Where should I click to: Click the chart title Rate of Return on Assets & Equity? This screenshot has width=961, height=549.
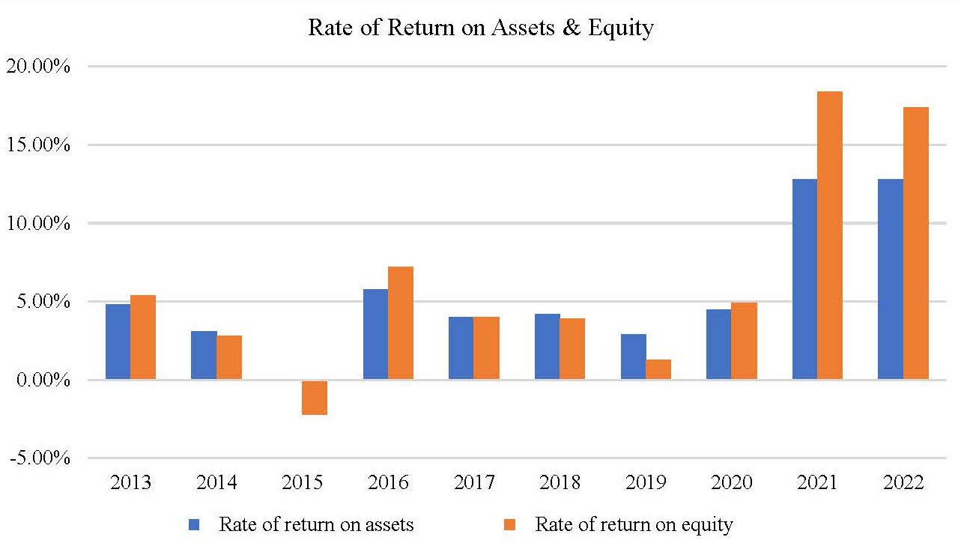[481, 28]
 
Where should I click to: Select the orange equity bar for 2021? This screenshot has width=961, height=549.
[830, 235]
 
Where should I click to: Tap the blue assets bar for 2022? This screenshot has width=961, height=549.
[891, 279]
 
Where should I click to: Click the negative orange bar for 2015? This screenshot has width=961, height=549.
[315, 397]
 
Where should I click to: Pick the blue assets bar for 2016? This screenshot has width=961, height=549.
[375, 334]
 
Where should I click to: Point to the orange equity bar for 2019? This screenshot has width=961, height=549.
[658, 369]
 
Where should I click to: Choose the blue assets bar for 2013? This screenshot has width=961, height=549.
[118, 342]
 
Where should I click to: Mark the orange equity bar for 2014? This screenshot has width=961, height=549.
[229, 357]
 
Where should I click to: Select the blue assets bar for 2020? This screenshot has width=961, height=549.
[719, 345]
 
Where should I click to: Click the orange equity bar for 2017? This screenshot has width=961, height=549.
[487, 348]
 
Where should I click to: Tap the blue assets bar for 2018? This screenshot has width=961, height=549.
[548, 347]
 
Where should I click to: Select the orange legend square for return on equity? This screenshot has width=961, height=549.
[512, 525]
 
